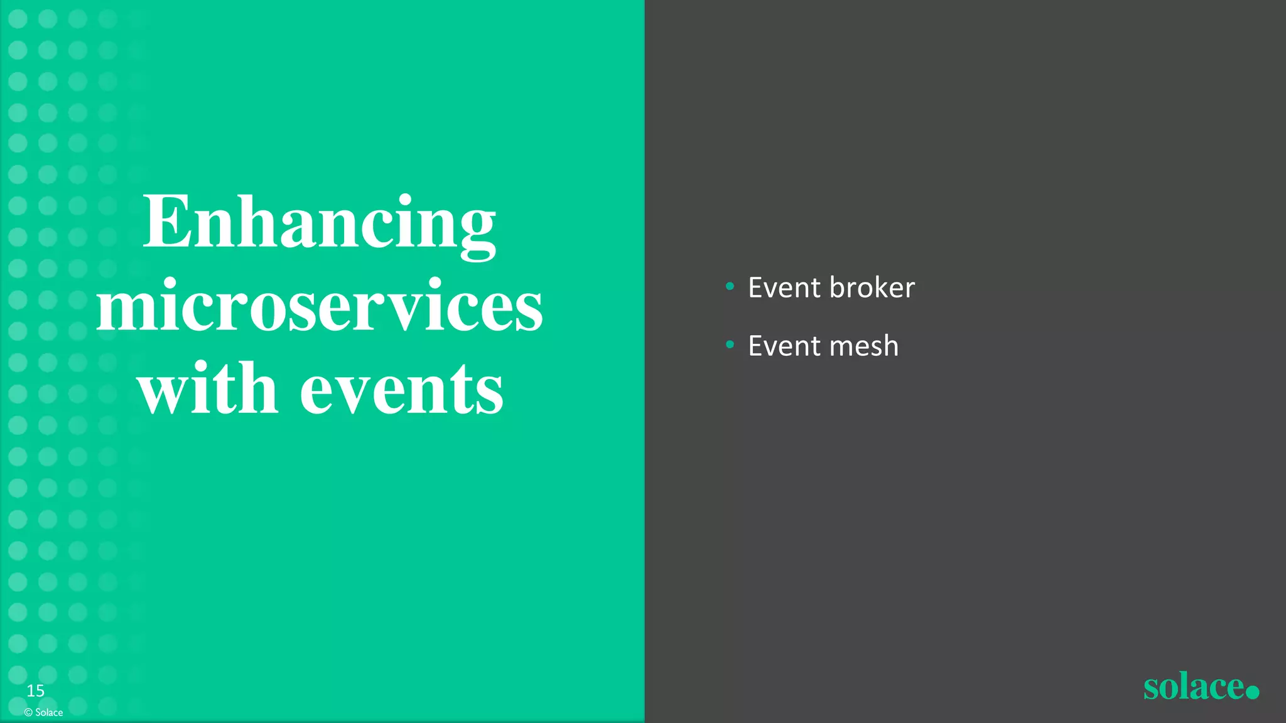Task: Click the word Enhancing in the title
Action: [320, 223]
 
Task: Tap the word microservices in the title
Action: [320, 308]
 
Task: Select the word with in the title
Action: [208, 389]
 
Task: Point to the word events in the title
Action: [402, 390]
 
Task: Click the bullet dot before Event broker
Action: [730, 287]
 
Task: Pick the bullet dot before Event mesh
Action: [730, 345]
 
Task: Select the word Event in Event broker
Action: [784, 287]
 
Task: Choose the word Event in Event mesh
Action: [784, 346]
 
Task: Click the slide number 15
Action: [35, 691]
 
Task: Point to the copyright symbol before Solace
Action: [28, 712]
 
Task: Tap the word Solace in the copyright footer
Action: [49, 712]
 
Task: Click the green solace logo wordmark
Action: [1193, 687]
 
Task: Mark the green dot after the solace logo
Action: [1252, 692]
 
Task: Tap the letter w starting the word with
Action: [162, 390]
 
